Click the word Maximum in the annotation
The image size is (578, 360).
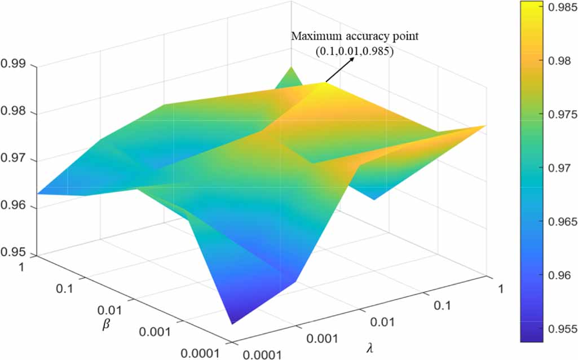point(311,37)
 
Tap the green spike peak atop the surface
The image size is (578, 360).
point(292,67)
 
